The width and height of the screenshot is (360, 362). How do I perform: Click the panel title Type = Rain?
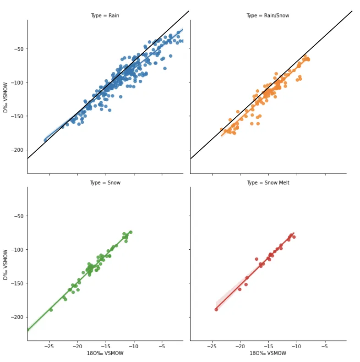(x=105, y=16)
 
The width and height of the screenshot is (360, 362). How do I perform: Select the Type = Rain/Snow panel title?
(x=267, y=16)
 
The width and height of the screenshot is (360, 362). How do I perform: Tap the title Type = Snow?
(x=105, y=183)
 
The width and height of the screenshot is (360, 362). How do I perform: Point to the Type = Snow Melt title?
(x=268, y=183)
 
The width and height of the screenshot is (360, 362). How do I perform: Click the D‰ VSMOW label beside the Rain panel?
(x=6, y=97)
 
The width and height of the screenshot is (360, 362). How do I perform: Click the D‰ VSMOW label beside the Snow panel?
(x=6, y=264)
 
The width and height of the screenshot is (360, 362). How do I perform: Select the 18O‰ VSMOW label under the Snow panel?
(x=105, y=353)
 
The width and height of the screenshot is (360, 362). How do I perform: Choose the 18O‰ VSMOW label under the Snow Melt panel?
(x=268, y=353)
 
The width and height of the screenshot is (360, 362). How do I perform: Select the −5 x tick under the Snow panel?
(x=162, y=346)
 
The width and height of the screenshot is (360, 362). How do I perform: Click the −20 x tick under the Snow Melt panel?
(x=240, y=346)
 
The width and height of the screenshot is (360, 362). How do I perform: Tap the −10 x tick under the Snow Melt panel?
(x=296, y=346)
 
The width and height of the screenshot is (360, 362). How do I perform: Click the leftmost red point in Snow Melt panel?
(x=216, y=309)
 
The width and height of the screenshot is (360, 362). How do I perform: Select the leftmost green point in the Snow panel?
(x=51, y=310)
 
